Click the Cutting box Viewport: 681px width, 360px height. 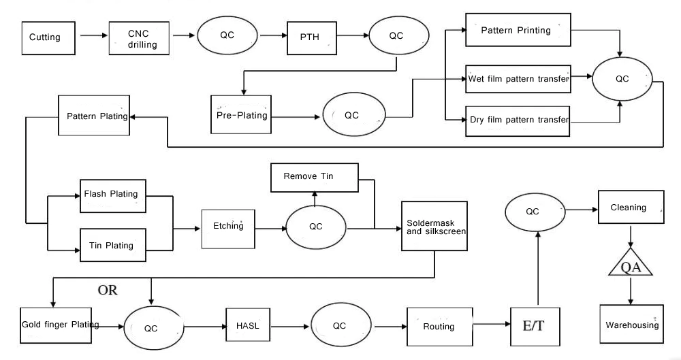[46, 37]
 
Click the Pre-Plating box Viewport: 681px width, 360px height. [241, 115]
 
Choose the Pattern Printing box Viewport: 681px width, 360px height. [518, 31]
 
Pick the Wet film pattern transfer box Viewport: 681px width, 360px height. [518, 80]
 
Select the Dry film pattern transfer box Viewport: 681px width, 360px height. [518, 120]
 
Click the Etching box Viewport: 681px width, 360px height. [228, 226]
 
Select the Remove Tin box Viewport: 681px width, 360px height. [313, 177]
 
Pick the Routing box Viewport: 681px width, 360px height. [439, 327]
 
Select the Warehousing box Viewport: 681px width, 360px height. [631, 325]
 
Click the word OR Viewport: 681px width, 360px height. [108, 291]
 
